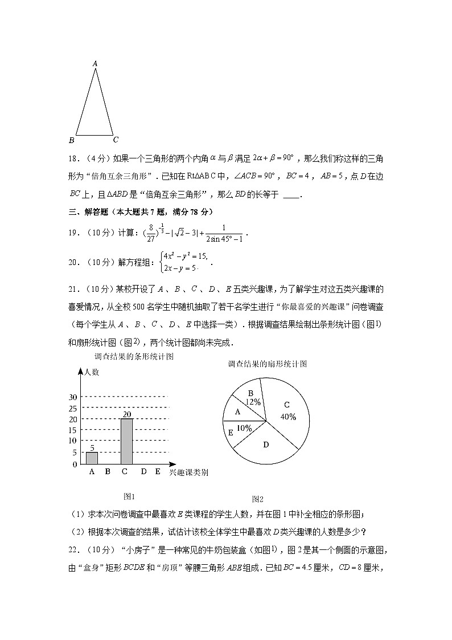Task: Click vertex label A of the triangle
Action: click(95, 64)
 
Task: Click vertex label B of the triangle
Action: click(71, 140)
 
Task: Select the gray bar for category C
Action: click(126, 441)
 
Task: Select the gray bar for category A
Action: click(92, 458)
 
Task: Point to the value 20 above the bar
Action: click(126, 414)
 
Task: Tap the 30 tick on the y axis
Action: click(72, 397)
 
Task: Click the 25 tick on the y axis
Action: click(72, 409)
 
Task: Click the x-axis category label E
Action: click(158, 471)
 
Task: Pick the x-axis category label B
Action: click(108, 471)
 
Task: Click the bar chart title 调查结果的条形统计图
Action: click(134, 357)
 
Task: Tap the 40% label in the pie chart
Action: click(288, 417)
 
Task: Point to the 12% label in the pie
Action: click(253, 402)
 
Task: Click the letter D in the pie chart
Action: click(266, 445)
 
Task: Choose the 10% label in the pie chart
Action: click(244, 428)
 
